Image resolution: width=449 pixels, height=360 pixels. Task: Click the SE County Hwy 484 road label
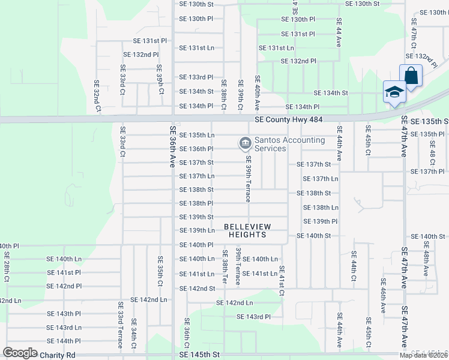288,120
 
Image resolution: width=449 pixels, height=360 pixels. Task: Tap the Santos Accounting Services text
289,145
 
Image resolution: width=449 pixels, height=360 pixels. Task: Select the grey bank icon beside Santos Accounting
245,143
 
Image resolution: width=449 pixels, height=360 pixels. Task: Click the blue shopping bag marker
411,76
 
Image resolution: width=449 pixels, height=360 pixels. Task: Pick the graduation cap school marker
394,92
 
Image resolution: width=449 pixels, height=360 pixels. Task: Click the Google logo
20,353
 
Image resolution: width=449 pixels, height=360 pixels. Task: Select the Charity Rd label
58,355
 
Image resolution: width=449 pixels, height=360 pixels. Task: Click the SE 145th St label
200,355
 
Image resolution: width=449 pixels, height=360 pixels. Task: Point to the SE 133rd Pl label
196,77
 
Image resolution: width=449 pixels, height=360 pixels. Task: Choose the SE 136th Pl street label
196,149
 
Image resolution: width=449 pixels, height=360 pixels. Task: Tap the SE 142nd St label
197,289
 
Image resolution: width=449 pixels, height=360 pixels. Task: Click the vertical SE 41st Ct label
282,280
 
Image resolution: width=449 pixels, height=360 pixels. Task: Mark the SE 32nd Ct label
97,96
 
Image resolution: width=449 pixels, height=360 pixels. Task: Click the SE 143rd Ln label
64,327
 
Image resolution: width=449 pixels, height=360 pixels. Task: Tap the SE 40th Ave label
257,92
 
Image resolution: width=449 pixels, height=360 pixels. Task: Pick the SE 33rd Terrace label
120,326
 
